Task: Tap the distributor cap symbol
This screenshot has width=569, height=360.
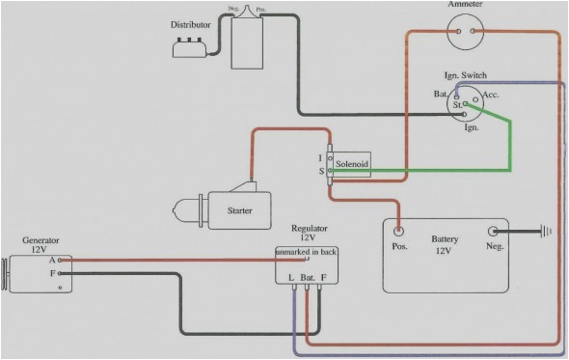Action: coord(191,46)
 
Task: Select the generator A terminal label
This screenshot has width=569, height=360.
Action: coord(52,260)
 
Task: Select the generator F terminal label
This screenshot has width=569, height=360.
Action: coord(52,274)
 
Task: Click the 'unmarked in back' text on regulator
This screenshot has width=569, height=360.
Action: coord(306,252)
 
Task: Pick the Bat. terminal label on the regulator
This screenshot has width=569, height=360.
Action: coord(309,278)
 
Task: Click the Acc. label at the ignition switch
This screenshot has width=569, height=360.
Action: coord(490,96)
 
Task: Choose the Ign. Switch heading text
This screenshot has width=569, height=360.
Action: coord(466,74)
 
